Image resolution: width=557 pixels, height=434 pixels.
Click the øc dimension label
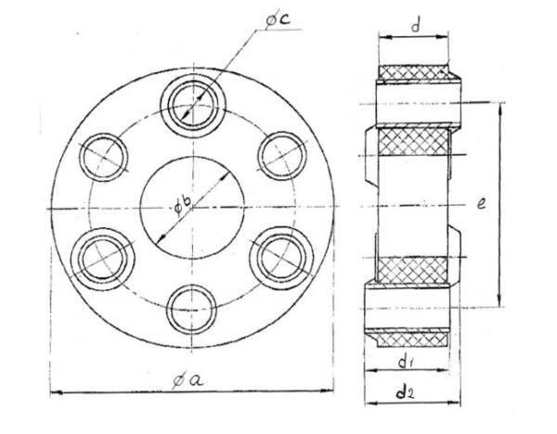click(278, 19)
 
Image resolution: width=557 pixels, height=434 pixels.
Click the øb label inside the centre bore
click(183, 206)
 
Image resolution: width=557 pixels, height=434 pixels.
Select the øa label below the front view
click(188, 381)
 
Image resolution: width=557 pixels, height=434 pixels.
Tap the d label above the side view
click(416, 26)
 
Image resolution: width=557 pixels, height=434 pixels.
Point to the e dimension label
click(481, 203)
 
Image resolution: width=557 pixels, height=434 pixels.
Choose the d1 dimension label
click(405, 362)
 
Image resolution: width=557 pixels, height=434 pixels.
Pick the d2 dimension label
click(406, 392)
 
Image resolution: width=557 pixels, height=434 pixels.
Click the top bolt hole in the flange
click(193, 106)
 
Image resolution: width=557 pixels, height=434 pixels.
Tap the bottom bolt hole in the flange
click(192, 309)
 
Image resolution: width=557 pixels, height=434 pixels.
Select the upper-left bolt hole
click(103, 158)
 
